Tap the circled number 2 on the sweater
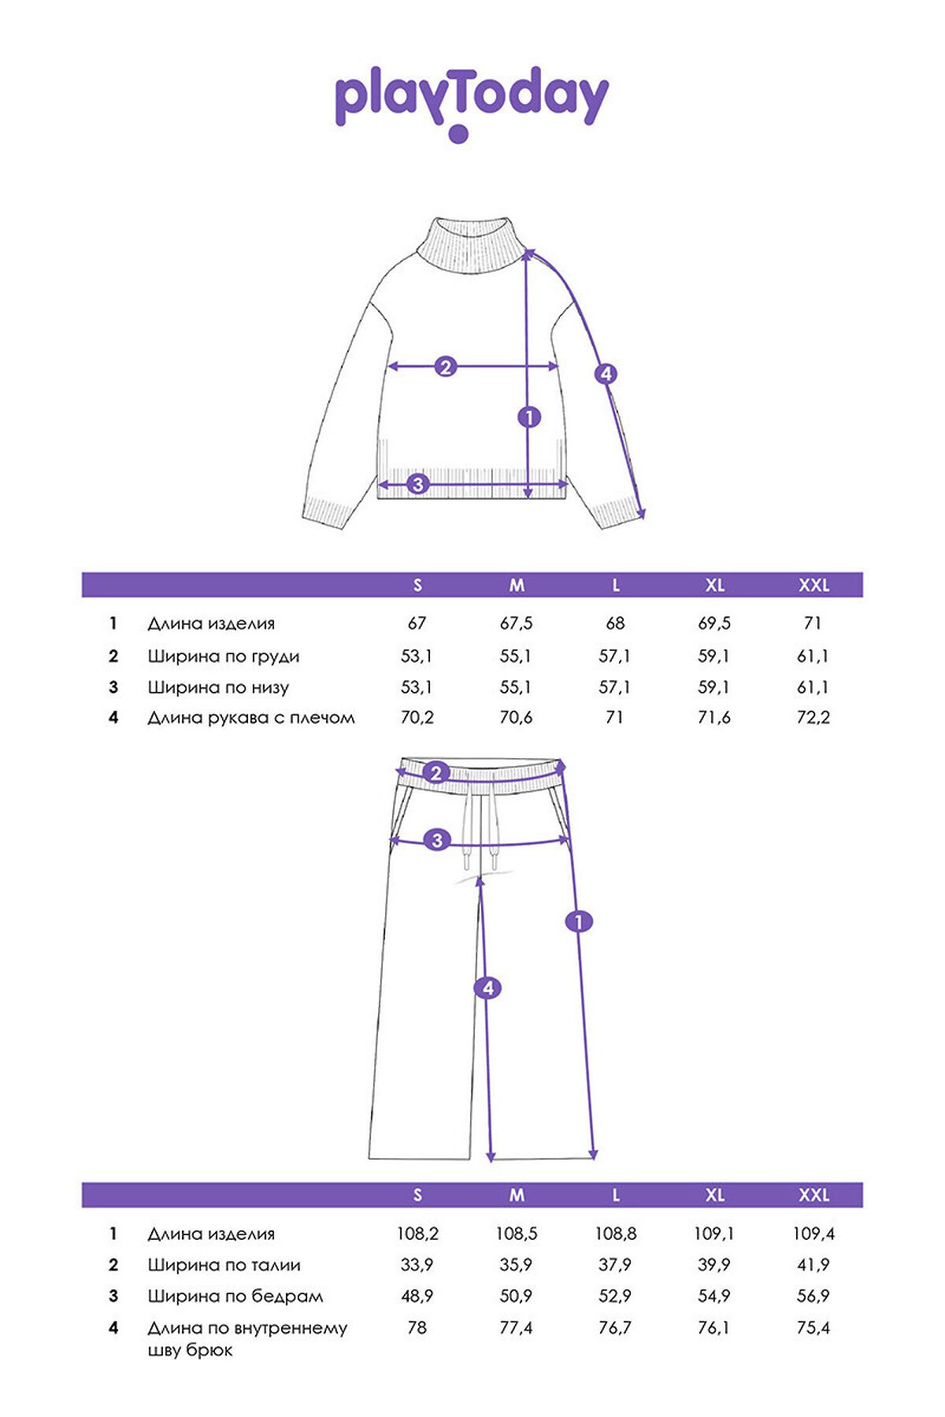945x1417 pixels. tap(446, 366)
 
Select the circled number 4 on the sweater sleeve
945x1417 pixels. tap(606, 374)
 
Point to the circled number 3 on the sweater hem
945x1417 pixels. tap(418, 484)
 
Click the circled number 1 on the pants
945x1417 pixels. tap(579, 921)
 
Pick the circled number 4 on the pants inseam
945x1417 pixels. tap(488, 988)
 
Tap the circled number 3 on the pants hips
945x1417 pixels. tap(438, 840)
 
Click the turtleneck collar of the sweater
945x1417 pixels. tap(471, 244)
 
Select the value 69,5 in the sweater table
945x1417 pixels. tap(714, 623)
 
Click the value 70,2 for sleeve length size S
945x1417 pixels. tap(417, 717)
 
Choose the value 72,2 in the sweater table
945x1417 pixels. tap(813, 717)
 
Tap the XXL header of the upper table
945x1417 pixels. tap(814, 585)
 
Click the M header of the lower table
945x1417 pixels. tap(517, 1195)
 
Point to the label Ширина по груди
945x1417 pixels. tap(224, 657)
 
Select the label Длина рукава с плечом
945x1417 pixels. tap(251, 718)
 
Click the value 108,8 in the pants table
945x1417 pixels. tap(615, 1234)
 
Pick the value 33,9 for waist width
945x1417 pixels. tap(417, 1265)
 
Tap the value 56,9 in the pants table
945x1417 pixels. tap(813, 1296)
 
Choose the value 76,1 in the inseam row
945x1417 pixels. tap(714, 1327)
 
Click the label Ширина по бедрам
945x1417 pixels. tap(235, 1297)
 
